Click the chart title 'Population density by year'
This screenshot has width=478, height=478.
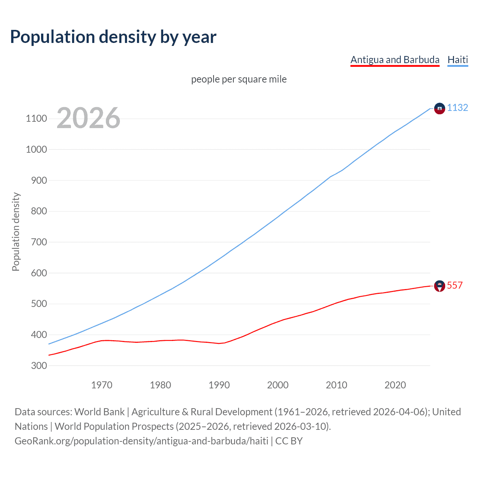click(113, 37)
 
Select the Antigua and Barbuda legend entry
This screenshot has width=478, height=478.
click(395, 60)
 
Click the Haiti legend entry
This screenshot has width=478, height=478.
click(457, 60)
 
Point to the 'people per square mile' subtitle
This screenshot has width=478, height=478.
click(239, 79)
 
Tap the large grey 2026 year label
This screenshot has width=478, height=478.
click(89, 118)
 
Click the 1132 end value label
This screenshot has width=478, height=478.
click(457, 108)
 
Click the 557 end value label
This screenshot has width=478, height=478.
click(454, 285)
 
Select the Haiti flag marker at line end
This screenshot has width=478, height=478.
click(440, 108)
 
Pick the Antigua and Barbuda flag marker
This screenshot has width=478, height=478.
click(440, 286)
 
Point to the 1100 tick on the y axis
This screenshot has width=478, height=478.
click(36, 119)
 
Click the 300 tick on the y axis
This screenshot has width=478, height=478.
click(39, 366)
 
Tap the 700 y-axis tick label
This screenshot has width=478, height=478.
click(39, 242)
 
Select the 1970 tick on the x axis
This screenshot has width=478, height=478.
click(102, 385)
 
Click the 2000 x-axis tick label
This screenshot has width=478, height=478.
click(277, 385)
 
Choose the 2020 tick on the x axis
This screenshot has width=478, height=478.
click(395, 385)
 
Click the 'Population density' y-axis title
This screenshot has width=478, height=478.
click(16, 232)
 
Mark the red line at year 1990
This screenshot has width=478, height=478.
click(219, 344)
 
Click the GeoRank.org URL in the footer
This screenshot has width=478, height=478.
click(141, 441)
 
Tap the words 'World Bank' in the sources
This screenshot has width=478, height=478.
click(99, 412)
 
